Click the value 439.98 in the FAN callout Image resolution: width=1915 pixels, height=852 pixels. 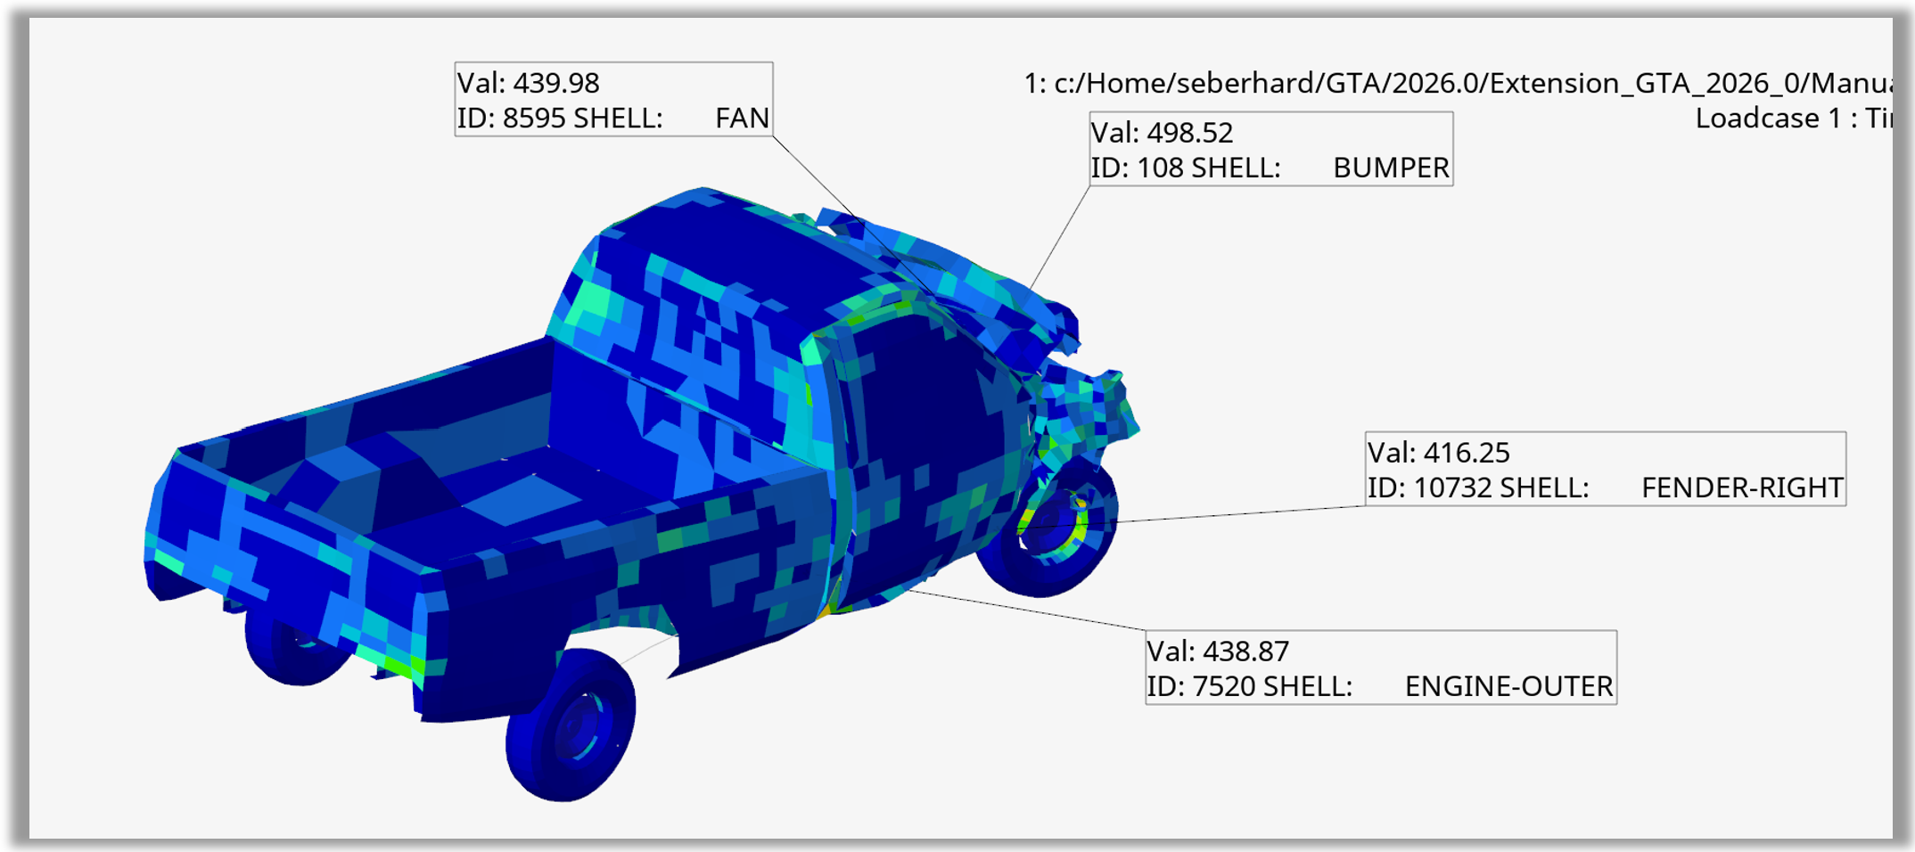click(556, 83)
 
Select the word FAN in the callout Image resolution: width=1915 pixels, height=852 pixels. click(742, 118)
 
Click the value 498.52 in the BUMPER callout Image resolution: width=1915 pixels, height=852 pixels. click(1190, 133)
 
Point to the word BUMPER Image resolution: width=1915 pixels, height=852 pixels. click(1391, 168)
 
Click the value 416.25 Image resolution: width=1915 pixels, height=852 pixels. click(1467, 453)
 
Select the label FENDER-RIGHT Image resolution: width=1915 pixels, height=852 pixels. click(1742, 487)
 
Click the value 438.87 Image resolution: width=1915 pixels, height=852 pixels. click(1246, 651)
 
